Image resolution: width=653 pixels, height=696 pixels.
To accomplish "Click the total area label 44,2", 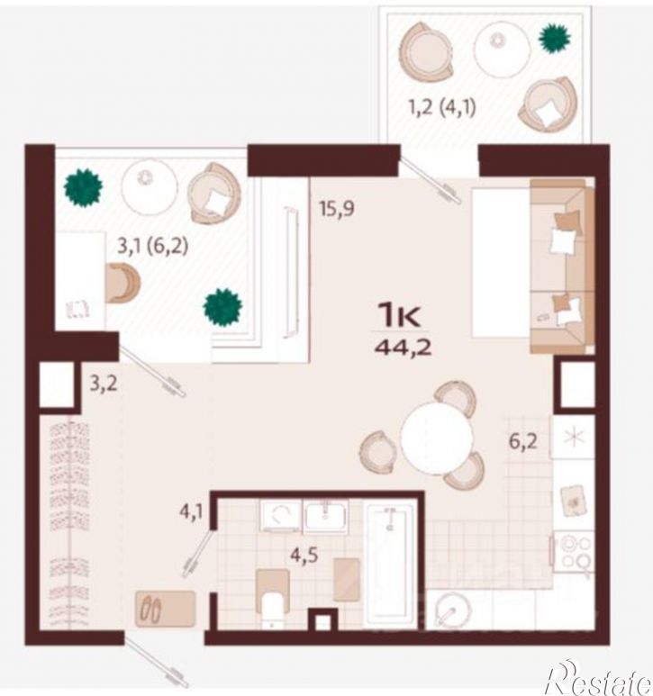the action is (x=404, y=348).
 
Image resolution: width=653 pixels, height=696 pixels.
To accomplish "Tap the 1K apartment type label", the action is (x=399, y=316).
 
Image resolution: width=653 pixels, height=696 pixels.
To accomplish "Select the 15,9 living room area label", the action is (x=337, y=209).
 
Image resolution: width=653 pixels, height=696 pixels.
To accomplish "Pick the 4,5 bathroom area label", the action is (x=304, y=556).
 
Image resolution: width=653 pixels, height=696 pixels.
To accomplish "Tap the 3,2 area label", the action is (x=104, y=384).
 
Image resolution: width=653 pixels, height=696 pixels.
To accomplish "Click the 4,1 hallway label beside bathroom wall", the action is (x=191, y=512).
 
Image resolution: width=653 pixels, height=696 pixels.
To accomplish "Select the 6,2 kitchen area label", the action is (x=523, y=441).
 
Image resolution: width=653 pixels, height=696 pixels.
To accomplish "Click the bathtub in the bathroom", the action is (x=390, y=564).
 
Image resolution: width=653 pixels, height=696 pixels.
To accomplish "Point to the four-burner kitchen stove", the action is (x=576, y=553).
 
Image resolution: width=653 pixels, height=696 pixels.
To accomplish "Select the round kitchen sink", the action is (x=449, y=611).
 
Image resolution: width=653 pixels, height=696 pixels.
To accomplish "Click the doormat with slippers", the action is (x=166, y=609).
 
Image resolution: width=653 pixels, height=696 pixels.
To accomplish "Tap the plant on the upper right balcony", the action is (x=554, y=38).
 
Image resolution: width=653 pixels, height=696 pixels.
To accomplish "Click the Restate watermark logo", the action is (x=599, y=678).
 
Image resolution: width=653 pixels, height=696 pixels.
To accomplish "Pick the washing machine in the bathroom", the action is (x=280, y=515).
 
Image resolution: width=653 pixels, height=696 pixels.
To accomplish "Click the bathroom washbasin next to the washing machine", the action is (x=325, y=516).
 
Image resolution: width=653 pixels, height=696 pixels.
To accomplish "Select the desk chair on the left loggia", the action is (x=123, y=283).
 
